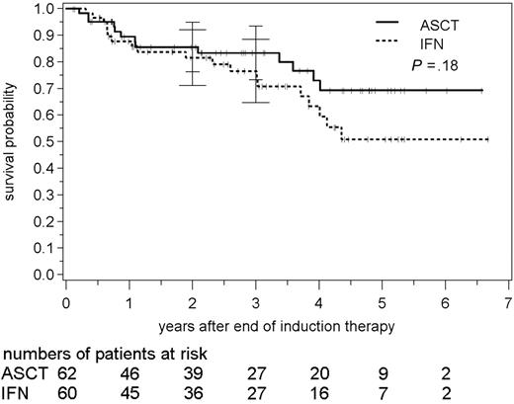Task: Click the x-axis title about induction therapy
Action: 287,326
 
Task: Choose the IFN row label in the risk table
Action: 17,393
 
